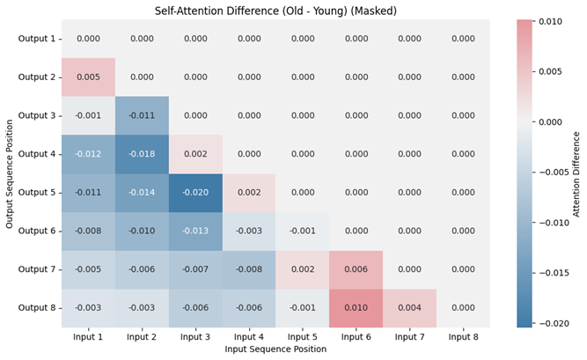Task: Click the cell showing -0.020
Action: [195, 193]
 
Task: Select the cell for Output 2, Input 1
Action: [88, 77]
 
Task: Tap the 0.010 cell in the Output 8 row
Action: [356, 308]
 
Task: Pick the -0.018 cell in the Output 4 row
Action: [142, 154]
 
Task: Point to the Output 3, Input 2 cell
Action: [142, 115]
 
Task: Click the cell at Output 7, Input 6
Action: [356, 269]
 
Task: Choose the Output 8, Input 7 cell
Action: [410, 308]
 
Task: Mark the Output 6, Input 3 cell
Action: [195, 231]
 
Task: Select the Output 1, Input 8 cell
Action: [464, 39]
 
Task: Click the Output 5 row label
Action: [37, 193]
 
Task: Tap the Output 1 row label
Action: [37, 39]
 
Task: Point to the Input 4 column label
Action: [249, 336]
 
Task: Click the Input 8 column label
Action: [464, 336]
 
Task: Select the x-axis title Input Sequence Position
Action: [275, 349]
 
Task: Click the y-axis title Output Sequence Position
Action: [10, 173]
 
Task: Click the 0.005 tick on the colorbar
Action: [551, 71]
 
